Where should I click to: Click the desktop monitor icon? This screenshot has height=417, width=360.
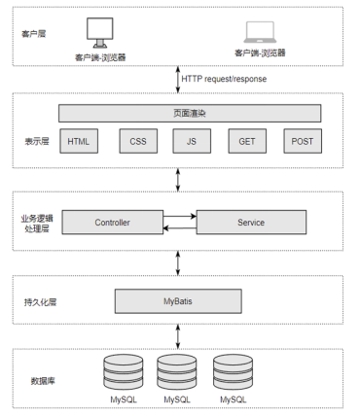(x=100, y=33)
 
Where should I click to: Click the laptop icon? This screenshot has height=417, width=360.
(x=260, y=32)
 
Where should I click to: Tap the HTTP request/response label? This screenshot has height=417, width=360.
(x=224, y=79)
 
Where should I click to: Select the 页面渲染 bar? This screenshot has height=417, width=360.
(x=190, y=113)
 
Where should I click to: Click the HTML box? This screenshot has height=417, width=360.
(x=79, y=141)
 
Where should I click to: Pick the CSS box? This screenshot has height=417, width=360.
(x=138, y=141)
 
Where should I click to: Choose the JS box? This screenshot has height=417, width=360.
(x=192, y=141)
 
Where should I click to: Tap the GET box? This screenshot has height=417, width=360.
(x=247, y=141)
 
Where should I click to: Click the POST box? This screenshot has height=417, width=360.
(x=303, y=141)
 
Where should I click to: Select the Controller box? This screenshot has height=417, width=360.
(x=113, y=223)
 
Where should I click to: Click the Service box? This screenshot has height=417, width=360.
(x=251, y=223)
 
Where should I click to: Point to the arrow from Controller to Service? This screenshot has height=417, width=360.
(x=180, y=216)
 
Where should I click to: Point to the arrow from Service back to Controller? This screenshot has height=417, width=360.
(x=180, y=228)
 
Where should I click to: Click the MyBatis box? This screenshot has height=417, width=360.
(x=178, y=301)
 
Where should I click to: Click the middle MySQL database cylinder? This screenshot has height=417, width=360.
(x=177, y=372)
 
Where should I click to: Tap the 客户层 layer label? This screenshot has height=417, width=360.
(x=34, y=34)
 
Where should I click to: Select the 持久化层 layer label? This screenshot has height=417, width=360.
(x=40, y=302)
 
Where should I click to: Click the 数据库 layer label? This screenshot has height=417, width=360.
(x=43, y=381)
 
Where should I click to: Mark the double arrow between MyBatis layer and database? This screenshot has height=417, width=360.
(x=178, y=336)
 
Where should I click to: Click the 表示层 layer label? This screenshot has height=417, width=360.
(x=37, y=141)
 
